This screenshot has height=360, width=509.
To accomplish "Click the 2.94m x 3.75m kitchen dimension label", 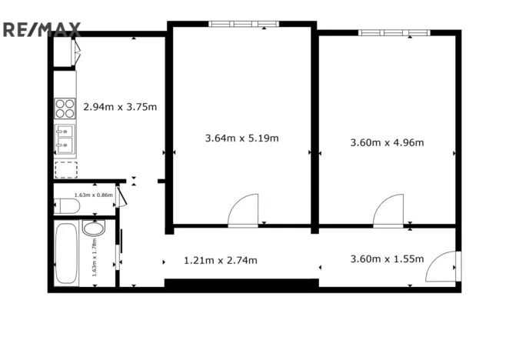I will (120, 106).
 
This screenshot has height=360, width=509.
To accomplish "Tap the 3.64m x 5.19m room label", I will (241, 138).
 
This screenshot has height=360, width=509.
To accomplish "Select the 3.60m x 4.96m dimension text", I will (387, 142).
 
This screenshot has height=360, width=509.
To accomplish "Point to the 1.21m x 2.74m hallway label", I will (220, 260).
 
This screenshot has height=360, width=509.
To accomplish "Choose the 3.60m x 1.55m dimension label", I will (387, 259).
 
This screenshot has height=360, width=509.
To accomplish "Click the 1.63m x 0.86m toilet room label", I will (94, 195).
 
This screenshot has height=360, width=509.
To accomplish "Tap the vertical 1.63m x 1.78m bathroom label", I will (94, 256).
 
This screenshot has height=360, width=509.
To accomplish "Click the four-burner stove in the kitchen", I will (65, 108).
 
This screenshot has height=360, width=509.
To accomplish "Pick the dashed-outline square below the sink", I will (65, 169).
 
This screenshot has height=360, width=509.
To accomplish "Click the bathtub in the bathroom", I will (67, 254).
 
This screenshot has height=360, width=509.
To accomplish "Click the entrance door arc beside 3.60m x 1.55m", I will (444, 266).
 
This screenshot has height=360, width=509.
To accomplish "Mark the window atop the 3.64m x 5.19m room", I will (242, 24).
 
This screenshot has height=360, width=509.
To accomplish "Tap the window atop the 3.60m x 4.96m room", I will (393, 32).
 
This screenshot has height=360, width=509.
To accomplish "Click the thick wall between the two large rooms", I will (314, 127).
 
